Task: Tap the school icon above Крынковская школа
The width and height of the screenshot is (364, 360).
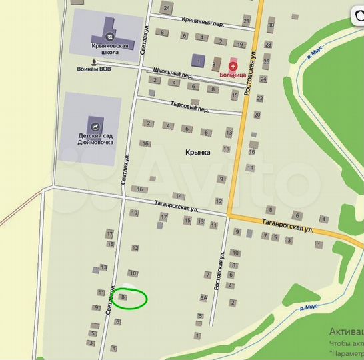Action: tap(107, 33)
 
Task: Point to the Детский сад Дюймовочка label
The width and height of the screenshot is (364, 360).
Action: tap(93, 137)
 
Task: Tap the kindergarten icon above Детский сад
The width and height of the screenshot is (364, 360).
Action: tap(94, 123)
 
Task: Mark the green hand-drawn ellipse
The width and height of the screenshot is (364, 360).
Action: tap(129, 299)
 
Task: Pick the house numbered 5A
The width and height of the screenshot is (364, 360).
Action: tap(203, 297)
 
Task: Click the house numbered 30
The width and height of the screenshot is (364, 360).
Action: tap(270, 26)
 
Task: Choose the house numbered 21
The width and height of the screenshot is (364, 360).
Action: tap(247, 22)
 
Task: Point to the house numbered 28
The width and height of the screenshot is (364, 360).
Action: tap(267, 45)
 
